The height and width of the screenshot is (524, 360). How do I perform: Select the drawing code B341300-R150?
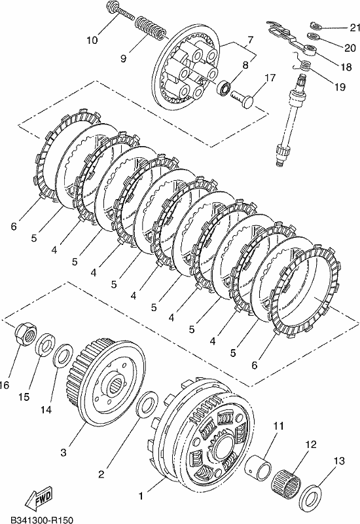click(41, 519)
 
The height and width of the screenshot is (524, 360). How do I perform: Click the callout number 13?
click(338, 461)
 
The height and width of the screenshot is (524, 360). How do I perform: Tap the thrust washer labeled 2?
click(147, 405)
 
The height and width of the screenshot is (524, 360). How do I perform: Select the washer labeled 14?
click(63, 355)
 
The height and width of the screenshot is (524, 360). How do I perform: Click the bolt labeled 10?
click(120, 11)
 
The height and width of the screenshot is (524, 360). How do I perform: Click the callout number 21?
click(354, 28)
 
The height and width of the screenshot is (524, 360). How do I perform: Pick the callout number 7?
click(250, 41)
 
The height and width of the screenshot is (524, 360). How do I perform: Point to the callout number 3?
click(63, 453)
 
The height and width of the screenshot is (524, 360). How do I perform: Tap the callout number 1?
click(141, 496)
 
